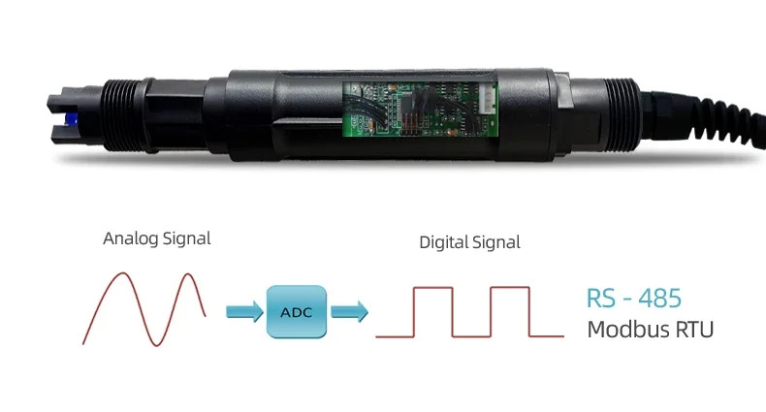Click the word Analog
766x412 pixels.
pos(131,238)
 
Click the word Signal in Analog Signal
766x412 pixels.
pos(186,238)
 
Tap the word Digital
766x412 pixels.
pos(442,242)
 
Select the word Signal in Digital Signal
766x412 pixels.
pos(495,242)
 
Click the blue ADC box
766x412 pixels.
pos(297,312)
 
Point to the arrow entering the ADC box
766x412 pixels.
pos(244,311)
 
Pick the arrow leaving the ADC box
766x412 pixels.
pos(350,311)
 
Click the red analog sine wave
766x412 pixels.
pos(144,309)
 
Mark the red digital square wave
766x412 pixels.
pos(469,312)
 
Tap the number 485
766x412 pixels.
pos(659,298)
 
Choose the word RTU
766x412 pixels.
pos(694,330)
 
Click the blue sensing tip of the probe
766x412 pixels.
pos(71,118)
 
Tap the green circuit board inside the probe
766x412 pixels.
pos(420,109)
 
